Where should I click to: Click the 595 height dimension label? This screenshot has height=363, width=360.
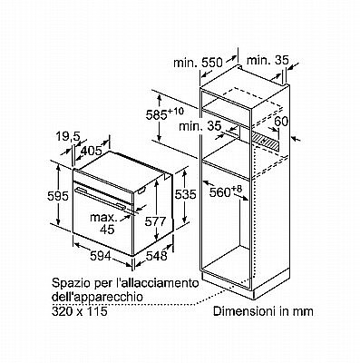point(58,197)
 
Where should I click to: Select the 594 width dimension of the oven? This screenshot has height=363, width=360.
point(101,256)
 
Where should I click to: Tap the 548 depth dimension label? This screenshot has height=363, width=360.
point(157,256)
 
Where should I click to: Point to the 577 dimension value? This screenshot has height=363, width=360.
point(155,221)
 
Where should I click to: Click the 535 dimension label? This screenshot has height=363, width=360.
point(186,194)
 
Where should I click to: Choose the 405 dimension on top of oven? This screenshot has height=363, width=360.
point(92,151)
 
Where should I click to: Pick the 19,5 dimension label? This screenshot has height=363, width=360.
point(68,137)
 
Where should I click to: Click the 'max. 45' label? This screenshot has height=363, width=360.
point(103,223)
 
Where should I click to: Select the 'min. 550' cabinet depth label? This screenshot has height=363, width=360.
point(198,63)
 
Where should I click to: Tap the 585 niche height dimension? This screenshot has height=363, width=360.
point(165,114)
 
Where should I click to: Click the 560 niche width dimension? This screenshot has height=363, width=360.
point(226,191)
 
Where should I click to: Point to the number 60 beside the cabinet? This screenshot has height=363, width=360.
point(281,122)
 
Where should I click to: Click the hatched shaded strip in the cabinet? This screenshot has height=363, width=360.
point(266,139)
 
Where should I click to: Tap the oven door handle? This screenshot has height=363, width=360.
point(101,198)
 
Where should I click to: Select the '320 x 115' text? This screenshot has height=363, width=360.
point(80,311)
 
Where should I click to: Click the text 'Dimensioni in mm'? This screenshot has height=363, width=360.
point(263,311)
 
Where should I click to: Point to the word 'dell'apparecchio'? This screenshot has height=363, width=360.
point(97,297)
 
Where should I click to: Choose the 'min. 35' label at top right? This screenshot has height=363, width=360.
point(268,60)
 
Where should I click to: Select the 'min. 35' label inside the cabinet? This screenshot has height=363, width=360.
point(200,126)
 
